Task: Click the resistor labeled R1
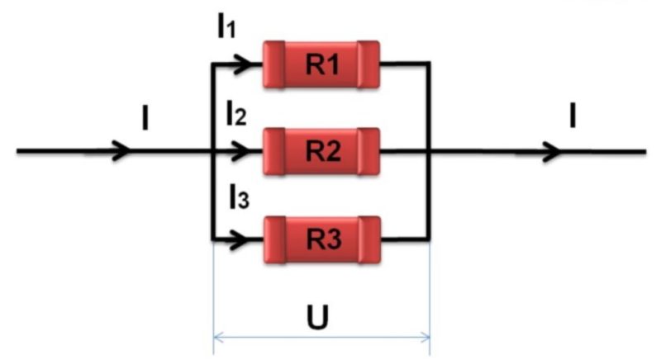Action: tap(321, 64)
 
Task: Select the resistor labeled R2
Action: tap(321, 152)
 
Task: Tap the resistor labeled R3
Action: tap(322, 239)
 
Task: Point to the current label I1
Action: tap(226, 28)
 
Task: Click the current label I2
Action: tap(235, 115)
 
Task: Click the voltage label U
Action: tap(317, 316)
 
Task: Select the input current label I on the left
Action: tap(145, 118)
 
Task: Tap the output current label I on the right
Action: tap(573, 116)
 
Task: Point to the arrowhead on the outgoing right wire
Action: tap(550, 152)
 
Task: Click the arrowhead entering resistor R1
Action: tap(241, 64)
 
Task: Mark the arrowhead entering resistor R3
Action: tap(239, 240)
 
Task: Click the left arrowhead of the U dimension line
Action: tap(218, 337)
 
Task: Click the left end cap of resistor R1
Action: tap(274, 64)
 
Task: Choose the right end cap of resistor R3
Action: tap(369, 239)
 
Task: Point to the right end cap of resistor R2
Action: tap(369, 152)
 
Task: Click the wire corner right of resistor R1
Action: tap(429, 64)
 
